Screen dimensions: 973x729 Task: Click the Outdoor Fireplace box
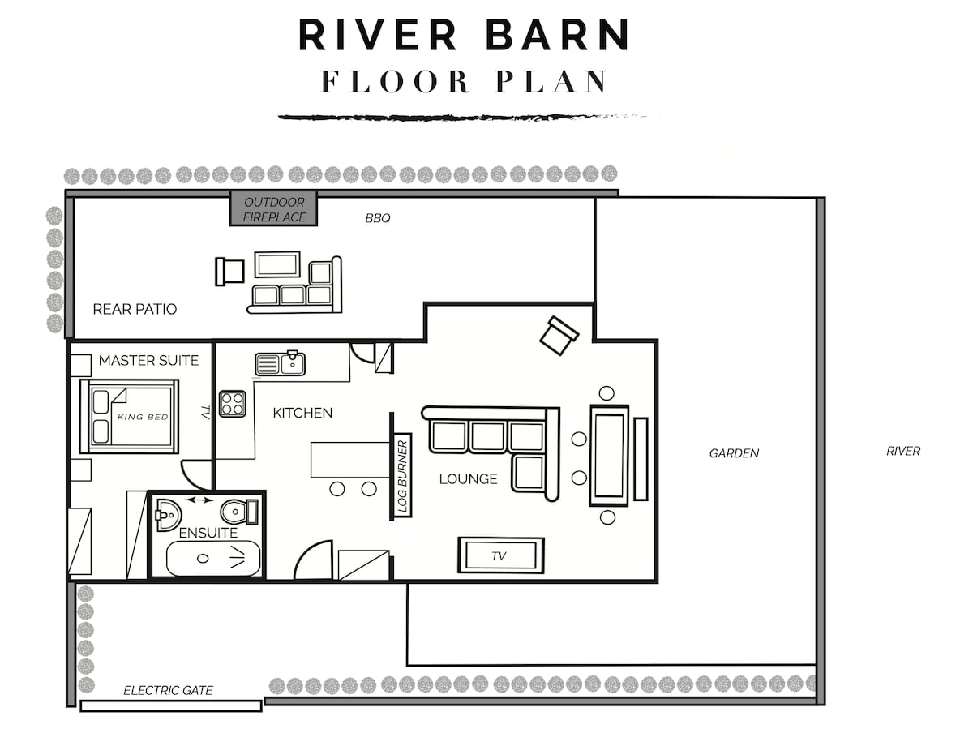point(273,208)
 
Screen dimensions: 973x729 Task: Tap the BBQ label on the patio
point(377,218)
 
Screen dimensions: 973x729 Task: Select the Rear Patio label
point(135,309)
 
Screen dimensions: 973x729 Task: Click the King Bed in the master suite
point(130,416)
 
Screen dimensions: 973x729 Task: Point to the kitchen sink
point(281,363)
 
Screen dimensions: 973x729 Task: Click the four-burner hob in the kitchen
point(232,404)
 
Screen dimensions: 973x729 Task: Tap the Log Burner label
point(402,476)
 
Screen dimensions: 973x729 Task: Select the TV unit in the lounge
point(501,555)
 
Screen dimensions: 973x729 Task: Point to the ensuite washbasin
point(169,514)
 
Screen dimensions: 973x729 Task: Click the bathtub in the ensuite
point(213,559)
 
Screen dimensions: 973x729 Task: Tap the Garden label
point(734,453)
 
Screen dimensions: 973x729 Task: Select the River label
point(903,451)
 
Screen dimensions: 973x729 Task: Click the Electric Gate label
point(168,690)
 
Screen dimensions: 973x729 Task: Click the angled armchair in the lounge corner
point(559,336)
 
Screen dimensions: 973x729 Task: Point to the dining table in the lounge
point(609,455)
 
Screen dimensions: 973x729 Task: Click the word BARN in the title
point(557,35)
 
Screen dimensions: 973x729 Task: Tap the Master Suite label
point(148,360)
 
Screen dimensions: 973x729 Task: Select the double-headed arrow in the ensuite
point(199,500)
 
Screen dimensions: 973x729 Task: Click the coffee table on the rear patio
point(277,265)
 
